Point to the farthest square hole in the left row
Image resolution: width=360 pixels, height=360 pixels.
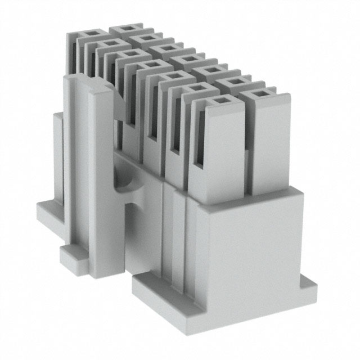(x=91, y=35)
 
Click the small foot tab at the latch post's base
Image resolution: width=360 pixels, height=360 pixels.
(x=71, y=256)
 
